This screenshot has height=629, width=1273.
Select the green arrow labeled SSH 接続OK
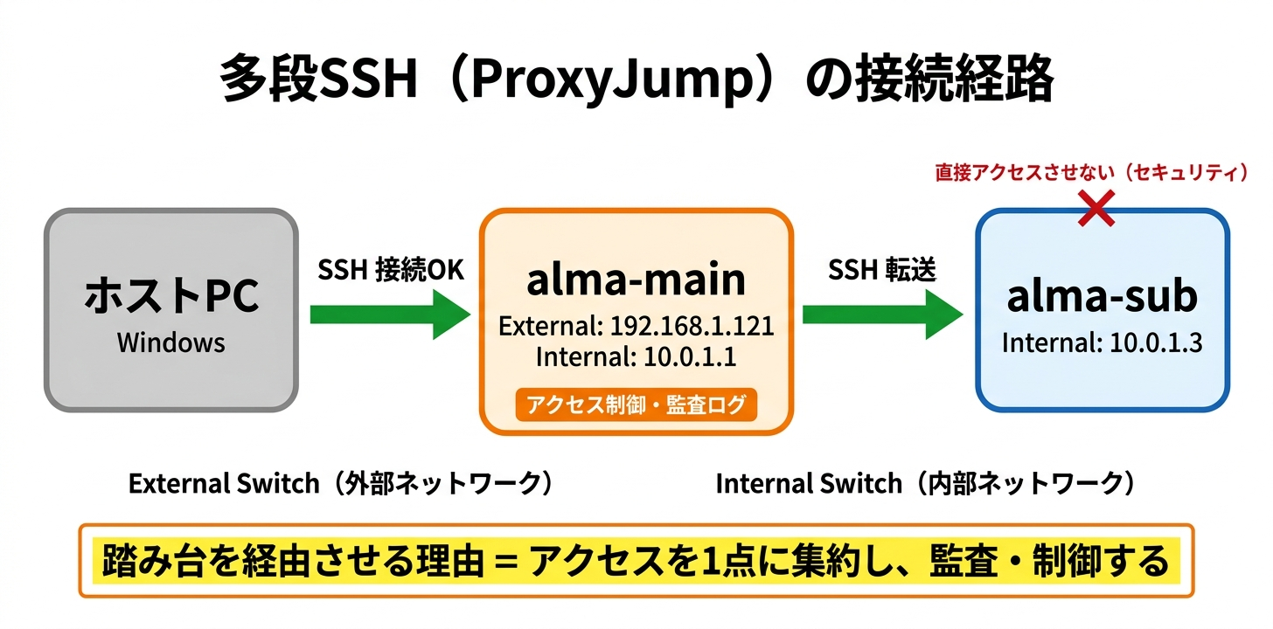pos(389,314)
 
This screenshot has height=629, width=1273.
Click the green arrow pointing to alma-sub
pos(882,314)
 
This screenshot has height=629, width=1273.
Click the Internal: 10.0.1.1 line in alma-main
pos(636,356)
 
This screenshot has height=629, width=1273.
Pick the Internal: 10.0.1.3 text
pos(1102,342)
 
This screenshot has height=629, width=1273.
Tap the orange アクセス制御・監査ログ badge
pos(636,404)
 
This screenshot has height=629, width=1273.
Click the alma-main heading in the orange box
pos(636,280)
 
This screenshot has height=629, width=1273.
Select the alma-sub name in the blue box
pos(1102,297)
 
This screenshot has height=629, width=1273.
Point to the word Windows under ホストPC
pos(171,342)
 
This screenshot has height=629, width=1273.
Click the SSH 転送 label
pos(881,271)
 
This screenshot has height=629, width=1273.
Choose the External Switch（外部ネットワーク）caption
pos(342,483)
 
